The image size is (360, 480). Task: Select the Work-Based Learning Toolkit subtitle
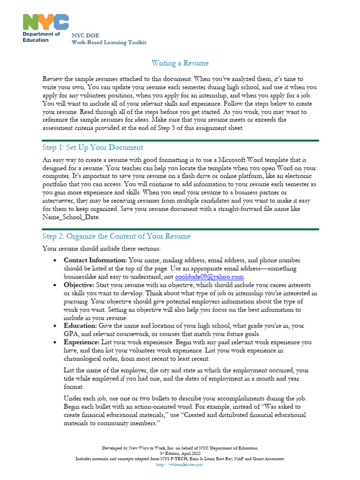pyautogui.click(x=109, y=42)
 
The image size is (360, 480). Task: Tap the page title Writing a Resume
pyautogui.click(x=180, y=63)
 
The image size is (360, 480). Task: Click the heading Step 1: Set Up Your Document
pyautogui.click(x=92, y=148)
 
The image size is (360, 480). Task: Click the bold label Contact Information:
pyautogui.click(x=95, y=260)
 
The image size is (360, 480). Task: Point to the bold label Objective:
pyautogui.click(x=79, y=285)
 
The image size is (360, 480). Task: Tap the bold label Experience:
pyautogui.click(x=82, y=343)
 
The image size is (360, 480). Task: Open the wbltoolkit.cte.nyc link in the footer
pyautogui.click(x=180, y=465)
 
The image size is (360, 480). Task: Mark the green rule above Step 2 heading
pyautogui.click(x=180, y=229)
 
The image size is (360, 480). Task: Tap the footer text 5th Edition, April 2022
pyautogui.click(x=180, y=454)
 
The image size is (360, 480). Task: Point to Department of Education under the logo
pyautogui.click(x=42, y=37)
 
